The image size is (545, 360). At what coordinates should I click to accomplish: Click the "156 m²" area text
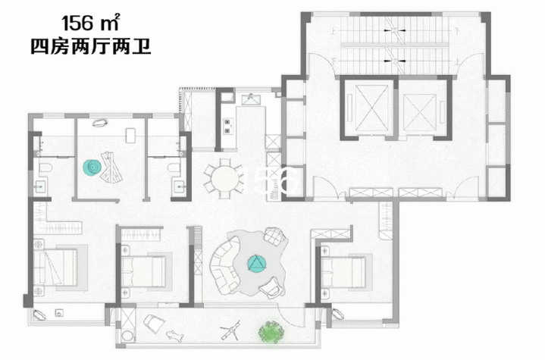point(90,23)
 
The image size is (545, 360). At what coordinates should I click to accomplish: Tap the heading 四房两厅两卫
point(91,47)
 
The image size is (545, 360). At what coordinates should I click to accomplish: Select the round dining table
point(225,179)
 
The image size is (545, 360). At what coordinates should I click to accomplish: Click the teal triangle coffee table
point(257,263)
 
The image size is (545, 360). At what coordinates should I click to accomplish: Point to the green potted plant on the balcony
point(271,331)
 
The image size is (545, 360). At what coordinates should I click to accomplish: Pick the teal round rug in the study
point(92,167)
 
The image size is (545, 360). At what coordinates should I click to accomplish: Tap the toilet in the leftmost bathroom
point(45,167)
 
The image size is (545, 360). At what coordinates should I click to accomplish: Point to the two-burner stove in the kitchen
point(227,126)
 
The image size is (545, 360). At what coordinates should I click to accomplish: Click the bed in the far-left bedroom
point(55,267)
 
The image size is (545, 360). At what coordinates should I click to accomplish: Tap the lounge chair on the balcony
point(154,323)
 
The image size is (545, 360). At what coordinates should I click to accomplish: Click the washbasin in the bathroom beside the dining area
point(180,186)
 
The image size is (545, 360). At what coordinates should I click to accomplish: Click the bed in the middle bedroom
point(143,271)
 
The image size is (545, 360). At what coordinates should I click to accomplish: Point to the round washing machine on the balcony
point(127,336)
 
